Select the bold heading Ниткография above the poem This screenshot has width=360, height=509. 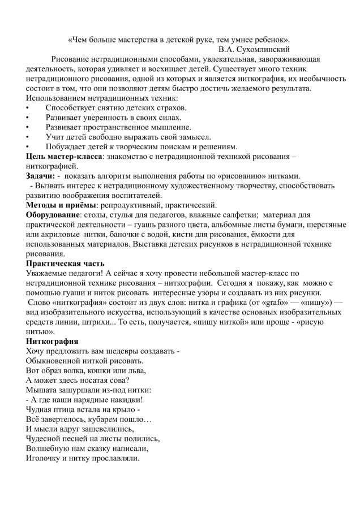(52, 341)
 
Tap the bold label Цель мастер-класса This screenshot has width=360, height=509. (64, 156)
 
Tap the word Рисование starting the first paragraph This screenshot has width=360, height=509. (71, 59)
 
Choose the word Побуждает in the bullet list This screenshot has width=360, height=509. (66, 146)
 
